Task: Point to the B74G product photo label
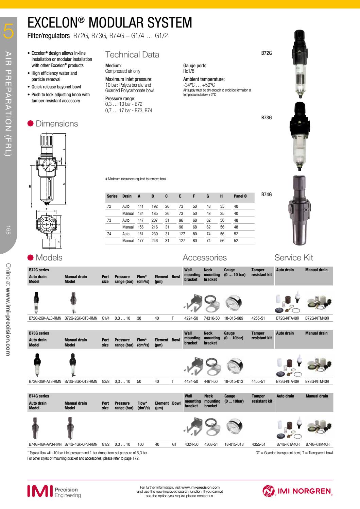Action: click(266, 194)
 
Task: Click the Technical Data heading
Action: click(132, 55)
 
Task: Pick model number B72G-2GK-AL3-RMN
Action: click(45, 318)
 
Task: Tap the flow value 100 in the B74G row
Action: click(140, 444)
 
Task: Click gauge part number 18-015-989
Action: click(234, 318)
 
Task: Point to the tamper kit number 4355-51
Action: click(258, 444)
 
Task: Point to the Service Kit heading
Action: click(293, 257)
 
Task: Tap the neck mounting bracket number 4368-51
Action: click(211, 444)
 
